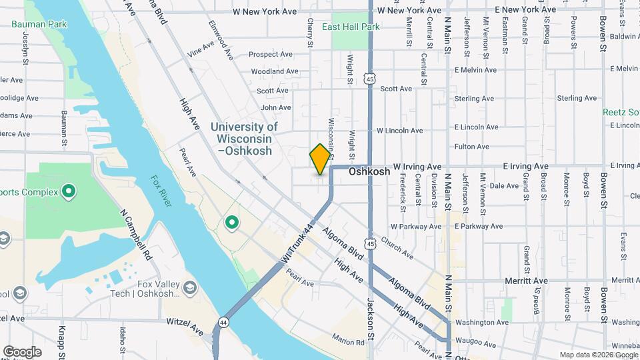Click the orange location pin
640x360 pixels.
pos(320,159)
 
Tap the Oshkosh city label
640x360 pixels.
pos(369,171)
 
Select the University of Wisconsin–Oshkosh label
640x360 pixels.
pos(244,139)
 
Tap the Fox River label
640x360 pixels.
pos(161,191)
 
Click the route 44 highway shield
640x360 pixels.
pos(221,323)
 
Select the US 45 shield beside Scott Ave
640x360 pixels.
pos(369,79)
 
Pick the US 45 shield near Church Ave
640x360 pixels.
pos(371,245)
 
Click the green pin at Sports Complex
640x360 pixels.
pos(68,193)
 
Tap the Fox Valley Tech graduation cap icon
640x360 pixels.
pos(190,287)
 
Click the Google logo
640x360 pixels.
pos(22,351)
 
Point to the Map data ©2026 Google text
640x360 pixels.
pos(598,355)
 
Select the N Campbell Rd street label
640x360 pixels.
pos(137,237)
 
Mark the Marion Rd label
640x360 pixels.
pos(351,342)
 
